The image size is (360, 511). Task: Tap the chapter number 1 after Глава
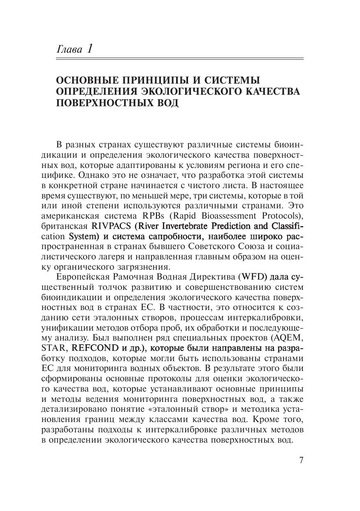point(89,49)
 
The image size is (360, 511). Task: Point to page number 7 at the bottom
point(301,460)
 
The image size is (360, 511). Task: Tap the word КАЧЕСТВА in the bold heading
point(274,91)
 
